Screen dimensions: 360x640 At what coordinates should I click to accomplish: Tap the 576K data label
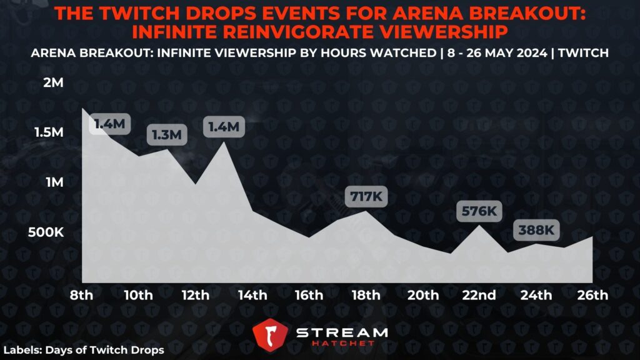tap(479, 212)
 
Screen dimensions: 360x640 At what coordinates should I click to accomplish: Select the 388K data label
tap(536, 231)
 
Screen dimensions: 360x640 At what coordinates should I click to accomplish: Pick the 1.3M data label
tap(167, 134)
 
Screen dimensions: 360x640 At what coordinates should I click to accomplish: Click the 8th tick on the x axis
tap(82, 294)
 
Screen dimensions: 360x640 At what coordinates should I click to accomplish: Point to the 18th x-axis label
tap(366, 294)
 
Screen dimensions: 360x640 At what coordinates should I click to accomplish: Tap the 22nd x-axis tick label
tap(479, 294)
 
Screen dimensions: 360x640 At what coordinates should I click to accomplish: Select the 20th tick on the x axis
tap(422, 294)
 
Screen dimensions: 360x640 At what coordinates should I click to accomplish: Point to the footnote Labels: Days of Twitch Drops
tap(84, 350)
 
